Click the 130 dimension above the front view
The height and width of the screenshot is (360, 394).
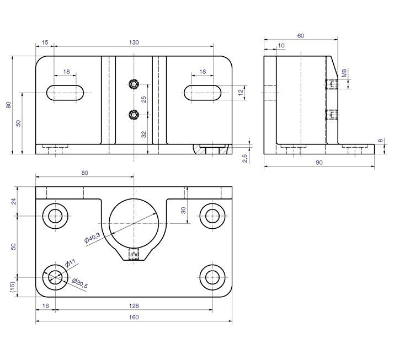(134, 42)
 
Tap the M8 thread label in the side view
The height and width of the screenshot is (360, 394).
(344, 73)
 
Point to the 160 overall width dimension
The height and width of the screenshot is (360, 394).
(134, 318)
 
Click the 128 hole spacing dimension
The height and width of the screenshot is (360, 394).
(134, 306)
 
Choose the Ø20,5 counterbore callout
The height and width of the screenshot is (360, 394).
(79, 283)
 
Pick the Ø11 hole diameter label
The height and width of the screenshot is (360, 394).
(71, 263)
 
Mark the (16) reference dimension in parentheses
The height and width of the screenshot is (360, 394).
(13, 287)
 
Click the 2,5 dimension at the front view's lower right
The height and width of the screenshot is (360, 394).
(245, 158)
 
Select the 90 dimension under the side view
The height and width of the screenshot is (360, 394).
(319, 163)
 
